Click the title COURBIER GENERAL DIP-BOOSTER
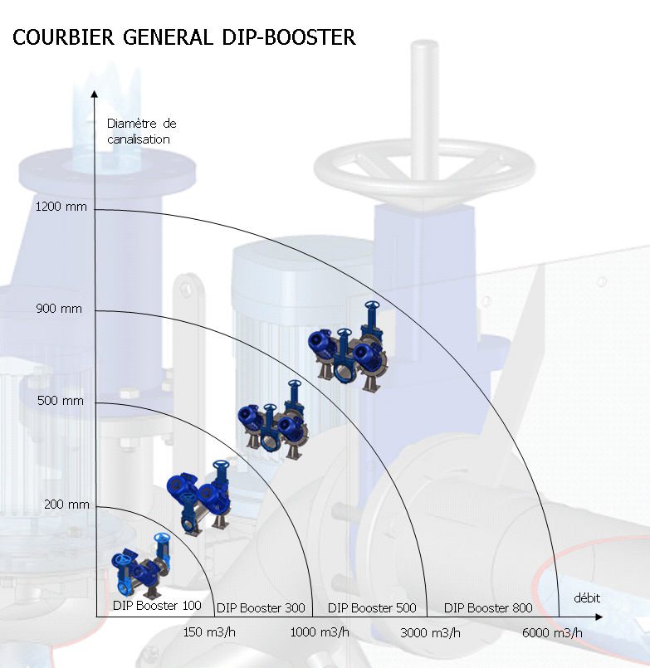(184, 38)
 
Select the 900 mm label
(60, 309)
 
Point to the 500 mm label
(61, 402)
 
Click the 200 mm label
(66, 505)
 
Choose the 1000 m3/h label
(320, 632)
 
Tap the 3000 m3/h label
(430, 632)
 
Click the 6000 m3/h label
(552, 632)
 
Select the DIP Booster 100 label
(157, 606)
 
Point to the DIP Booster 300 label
(261, 608)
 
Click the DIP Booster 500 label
(372, 608)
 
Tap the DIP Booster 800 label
(488, 608)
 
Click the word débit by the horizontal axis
(587, 598)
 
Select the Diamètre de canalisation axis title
(141, 131)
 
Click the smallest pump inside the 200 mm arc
(141, 565)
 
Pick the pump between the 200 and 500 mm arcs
(199, 496)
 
